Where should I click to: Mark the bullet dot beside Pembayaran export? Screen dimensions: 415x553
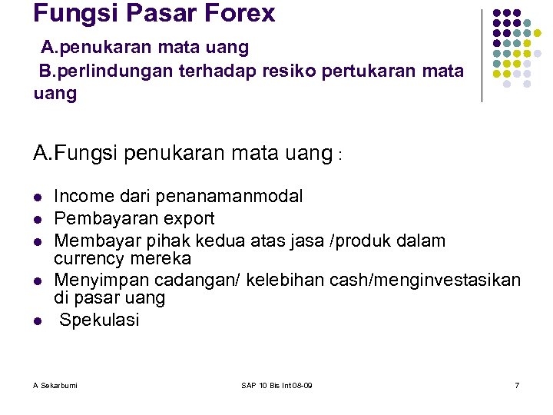tap(38, 220)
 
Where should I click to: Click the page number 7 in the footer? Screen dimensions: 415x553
tap(517, 384)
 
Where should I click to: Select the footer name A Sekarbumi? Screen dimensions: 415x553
tap(55, 384)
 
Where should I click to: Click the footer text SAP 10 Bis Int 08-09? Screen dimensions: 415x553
tap(276, 384)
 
